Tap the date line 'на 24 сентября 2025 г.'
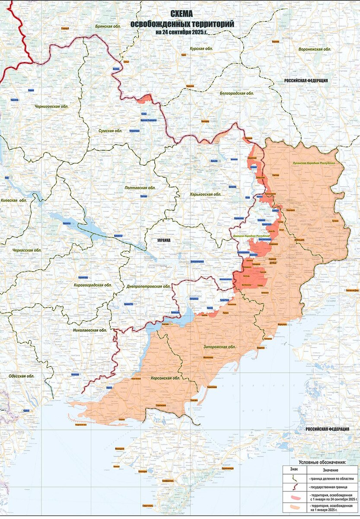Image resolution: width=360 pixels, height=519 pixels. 182,32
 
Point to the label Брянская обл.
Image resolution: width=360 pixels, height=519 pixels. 108,26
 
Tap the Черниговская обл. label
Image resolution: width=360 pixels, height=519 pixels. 51,106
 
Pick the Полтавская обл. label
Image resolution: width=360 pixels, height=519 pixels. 140,188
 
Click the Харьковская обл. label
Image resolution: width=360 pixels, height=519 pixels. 206,194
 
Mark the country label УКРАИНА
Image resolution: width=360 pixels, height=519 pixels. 164,240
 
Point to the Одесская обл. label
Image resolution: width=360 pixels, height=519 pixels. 21,376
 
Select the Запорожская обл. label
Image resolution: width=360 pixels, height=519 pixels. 220,347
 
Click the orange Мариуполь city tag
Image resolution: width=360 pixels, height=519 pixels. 283,324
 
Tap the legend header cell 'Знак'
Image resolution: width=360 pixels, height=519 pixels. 294,470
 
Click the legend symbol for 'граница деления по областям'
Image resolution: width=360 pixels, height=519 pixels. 294,478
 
